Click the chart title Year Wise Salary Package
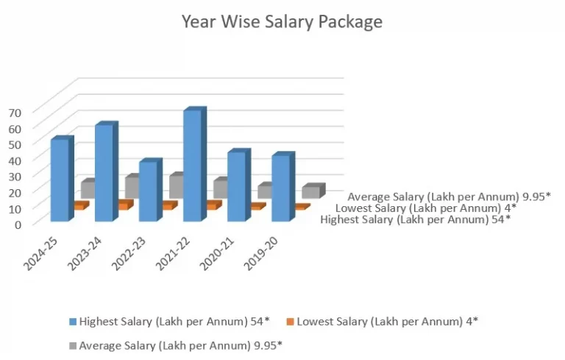tap(282, 22)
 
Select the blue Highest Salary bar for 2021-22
tap(191, 166)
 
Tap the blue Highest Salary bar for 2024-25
tap(59, 180)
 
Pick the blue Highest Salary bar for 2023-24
tap(103, 173)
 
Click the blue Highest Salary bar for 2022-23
tap(147, 191)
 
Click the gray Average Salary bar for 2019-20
tap(310, 192)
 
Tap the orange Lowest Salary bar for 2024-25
tap(79, 207)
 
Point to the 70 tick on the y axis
tap(15, 112)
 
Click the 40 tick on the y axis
tap(15, 160)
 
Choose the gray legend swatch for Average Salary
tap(73, 345)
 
